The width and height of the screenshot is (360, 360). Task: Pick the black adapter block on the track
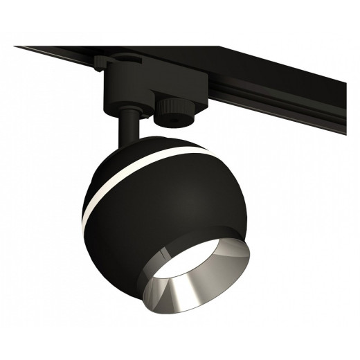click(x=138, y=87)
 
